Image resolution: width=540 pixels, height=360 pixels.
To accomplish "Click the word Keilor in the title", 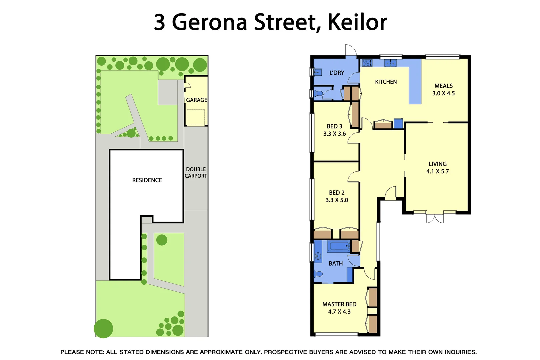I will tap(357, 22).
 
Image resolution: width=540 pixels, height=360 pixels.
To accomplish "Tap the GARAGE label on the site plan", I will tap(196, 100).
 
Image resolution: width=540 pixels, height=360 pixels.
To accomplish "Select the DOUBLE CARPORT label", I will tap(196, 173).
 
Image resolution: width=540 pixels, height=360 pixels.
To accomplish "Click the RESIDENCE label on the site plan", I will tap(147, 180).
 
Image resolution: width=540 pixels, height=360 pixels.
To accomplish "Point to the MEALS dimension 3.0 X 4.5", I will tap(443, 93).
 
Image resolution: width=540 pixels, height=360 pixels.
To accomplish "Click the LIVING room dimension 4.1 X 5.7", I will tap(437, 171).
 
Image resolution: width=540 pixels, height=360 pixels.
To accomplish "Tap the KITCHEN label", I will tap(386, 82).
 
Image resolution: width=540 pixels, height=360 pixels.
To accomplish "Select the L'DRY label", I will tap(337, 73).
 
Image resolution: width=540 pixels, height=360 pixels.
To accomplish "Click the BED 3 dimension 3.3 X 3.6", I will tap(334, 134).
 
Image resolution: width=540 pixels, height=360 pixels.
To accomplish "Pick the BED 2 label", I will tap(337, 193).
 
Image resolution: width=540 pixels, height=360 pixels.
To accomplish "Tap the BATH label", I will tap(336, 263).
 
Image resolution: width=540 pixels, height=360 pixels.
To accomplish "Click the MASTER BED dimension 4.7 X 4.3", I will tap(339, 312).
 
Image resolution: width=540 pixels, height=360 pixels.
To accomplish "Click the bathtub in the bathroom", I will tap(339, 247).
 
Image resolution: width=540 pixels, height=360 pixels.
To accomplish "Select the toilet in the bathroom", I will tap(318, 274).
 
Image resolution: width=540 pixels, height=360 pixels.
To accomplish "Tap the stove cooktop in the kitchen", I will tap(367, 63).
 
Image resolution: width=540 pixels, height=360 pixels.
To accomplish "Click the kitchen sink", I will tap(390, 63).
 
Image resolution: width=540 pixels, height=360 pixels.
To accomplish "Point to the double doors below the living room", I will tap(435, 218).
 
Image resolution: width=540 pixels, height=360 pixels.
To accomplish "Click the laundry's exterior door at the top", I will tap(351, 50).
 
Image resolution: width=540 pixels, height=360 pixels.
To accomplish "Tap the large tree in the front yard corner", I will tap(103, 328).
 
